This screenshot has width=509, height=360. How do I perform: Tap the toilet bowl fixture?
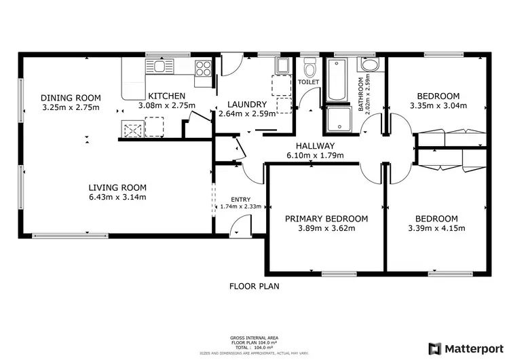click(309, 68)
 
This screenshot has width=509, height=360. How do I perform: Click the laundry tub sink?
click(282, 65)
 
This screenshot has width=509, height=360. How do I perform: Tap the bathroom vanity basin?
click(371, 66)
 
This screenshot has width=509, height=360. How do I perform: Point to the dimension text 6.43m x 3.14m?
click(118, 197)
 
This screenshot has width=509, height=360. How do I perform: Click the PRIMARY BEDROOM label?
click(326, 218)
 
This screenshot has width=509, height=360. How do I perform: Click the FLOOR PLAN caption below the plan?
click(254, 286)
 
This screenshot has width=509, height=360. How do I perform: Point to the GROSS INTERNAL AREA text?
click(254, 338)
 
